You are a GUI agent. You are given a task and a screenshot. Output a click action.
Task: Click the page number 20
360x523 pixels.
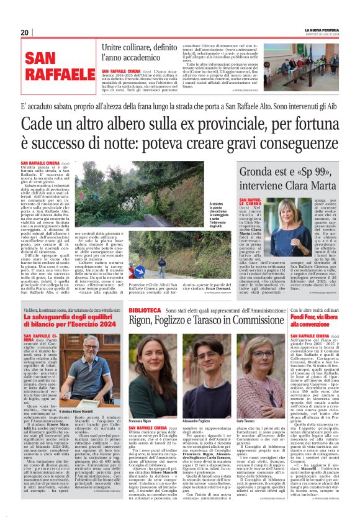[x=24, y=32]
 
